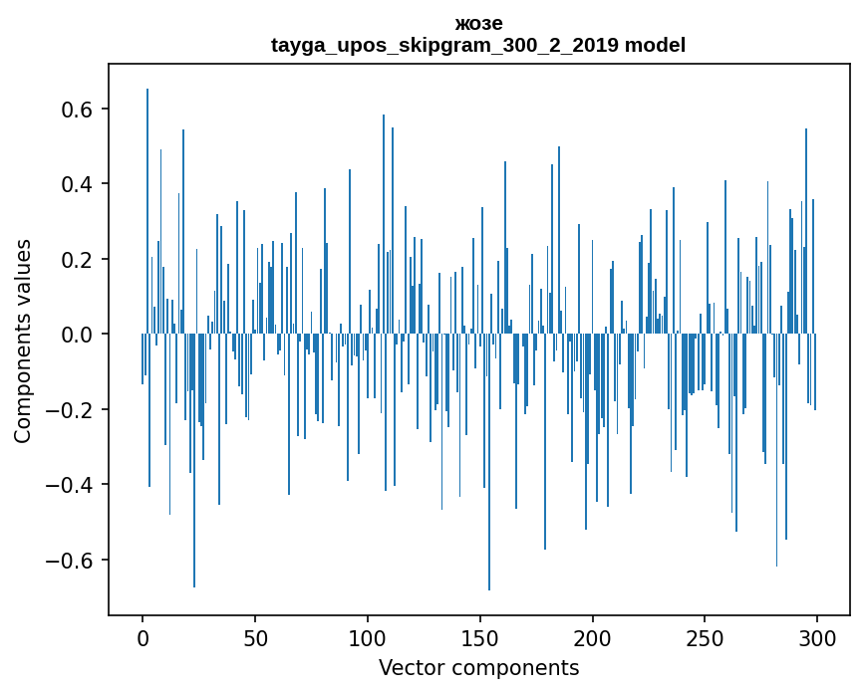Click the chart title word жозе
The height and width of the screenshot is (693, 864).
point(478,24)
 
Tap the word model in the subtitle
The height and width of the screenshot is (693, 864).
point(655,46)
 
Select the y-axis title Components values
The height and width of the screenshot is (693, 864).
point(23,341)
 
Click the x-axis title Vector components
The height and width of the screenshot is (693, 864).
point(478,667)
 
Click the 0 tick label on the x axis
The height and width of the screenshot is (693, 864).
point(143,637)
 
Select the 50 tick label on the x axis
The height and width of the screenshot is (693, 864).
point(255,637)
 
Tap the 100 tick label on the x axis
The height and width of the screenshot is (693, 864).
point(368,637)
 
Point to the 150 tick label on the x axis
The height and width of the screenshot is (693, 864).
point(479,637)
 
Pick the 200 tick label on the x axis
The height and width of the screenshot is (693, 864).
point(592,637)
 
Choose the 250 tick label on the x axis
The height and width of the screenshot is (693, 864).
point(705,637)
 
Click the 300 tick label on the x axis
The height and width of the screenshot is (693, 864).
point(817,637)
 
